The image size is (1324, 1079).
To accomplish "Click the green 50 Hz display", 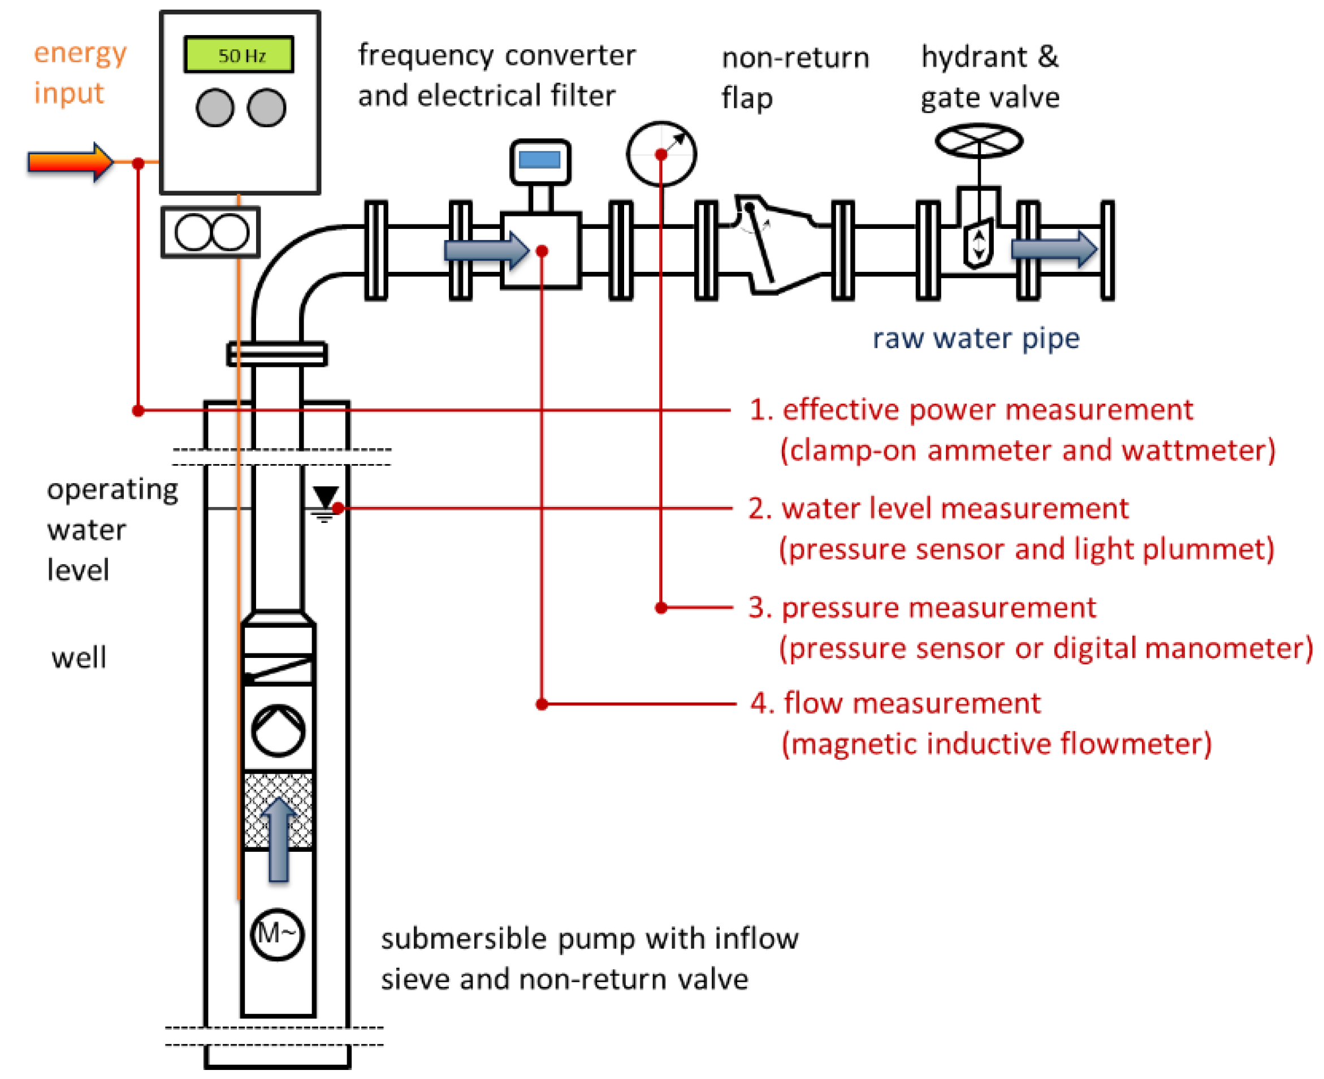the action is pyautogui.click(x=238, y=54).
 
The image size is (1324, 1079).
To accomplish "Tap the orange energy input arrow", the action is pyautogui.click(x=70, y=162).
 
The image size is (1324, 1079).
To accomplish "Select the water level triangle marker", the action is pyautogui.click(x=325, y=496).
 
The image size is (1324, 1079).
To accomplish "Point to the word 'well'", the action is pyautogui.click(x=79, y=656).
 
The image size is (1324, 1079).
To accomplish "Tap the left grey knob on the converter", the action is pyautogui.click(x=214, y=107).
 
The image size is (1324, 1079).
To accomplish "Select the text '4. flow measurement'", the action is pyautogui.click(x=894, y=703).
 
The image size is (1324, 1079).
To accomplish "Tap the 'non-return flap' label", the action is pyautogui.click(x=794, y=77).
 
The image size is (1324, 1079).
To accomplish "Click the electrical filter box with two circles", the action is pyautogui.click(x=210, y=232).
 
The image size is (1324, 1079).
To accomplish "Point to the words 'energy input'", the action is pyautogui.click(x=80, y=73).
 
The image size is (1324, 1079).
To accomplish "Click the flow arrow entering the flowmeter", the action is pyautogui.click(x=486, y=250).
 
